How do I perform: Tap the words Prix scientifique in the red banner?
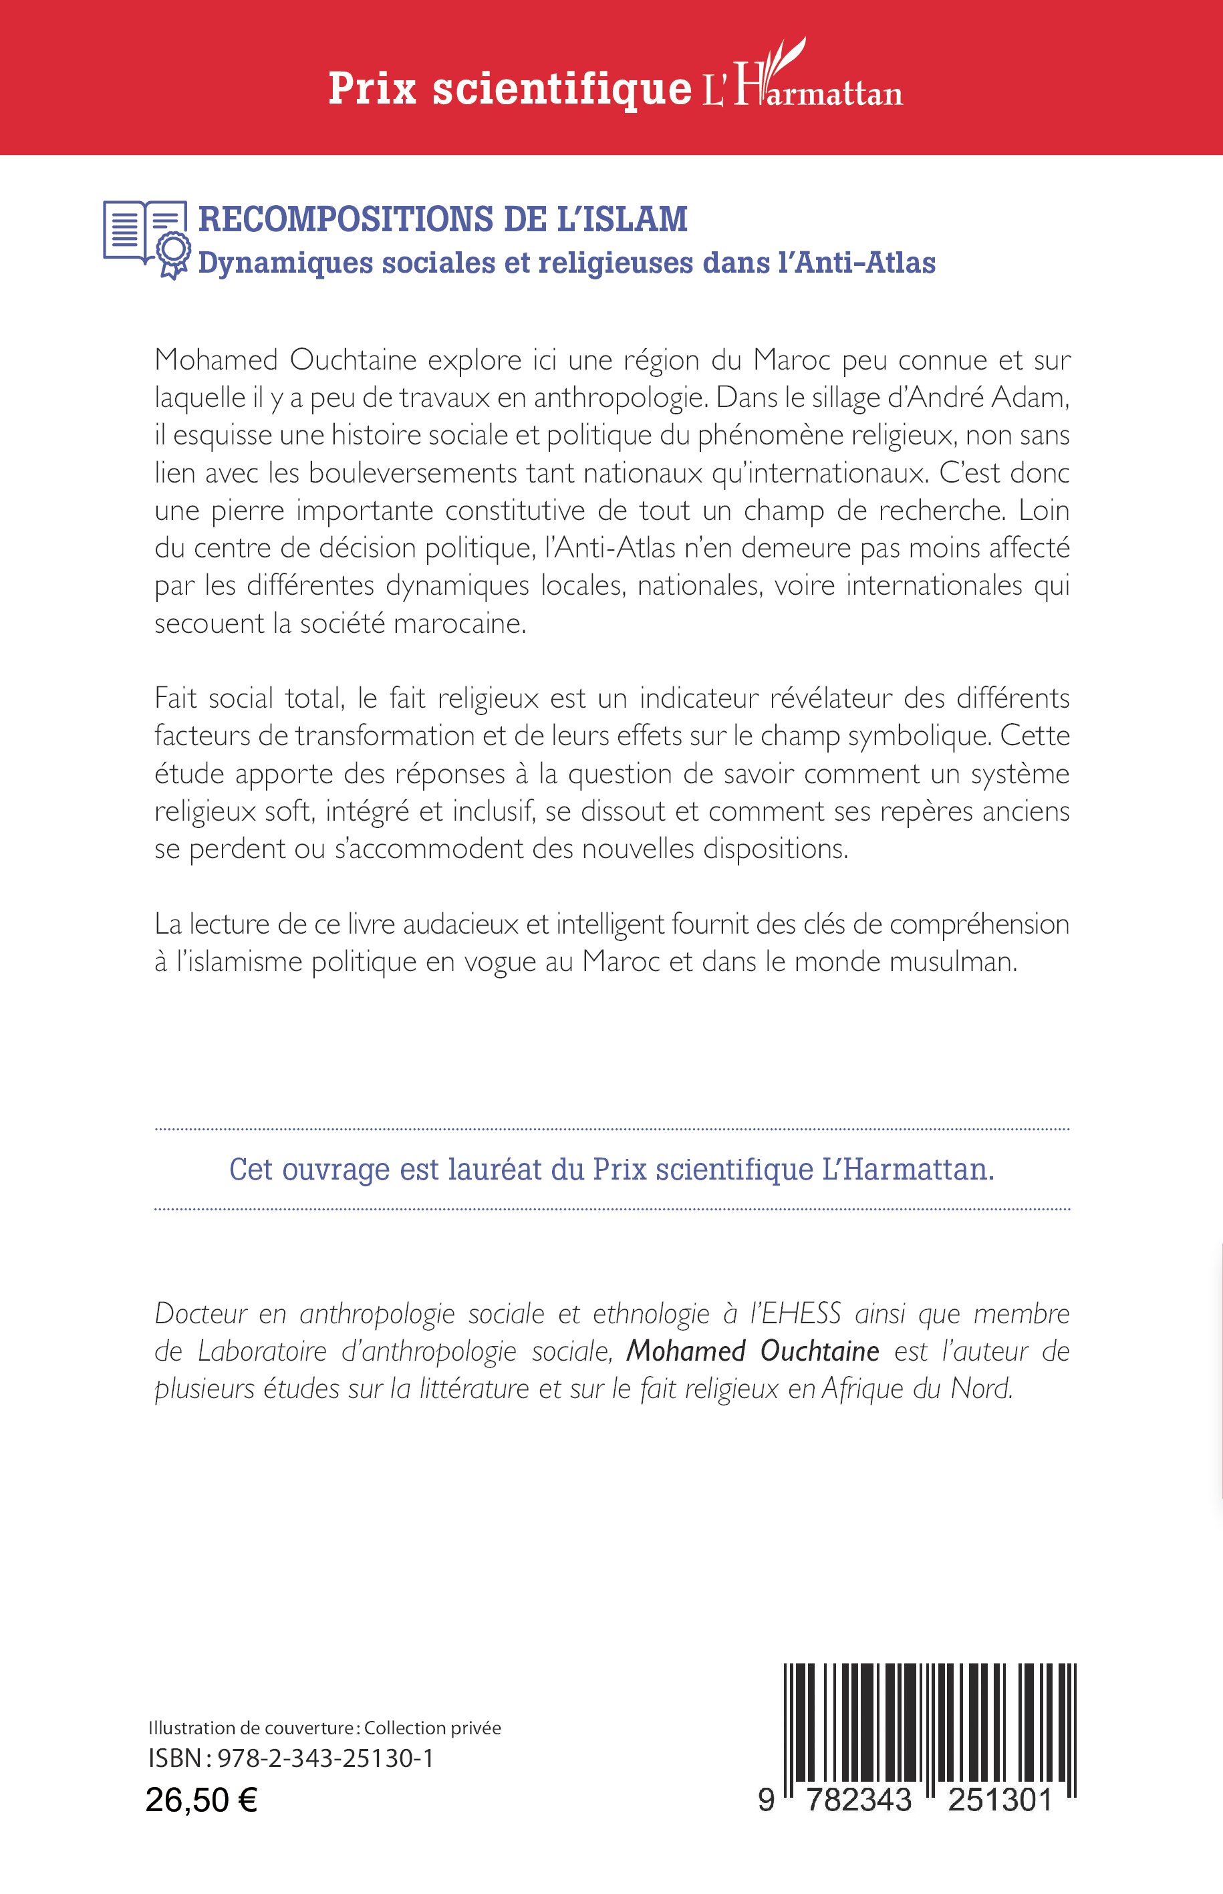tap(509, 88)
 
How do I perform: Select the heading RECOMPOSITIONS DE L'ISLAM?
tap(442, 219)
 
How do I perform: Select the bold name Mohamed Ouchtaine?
tap(752, 1351)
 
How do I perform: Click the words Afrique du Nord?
tap(917, 1389)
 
